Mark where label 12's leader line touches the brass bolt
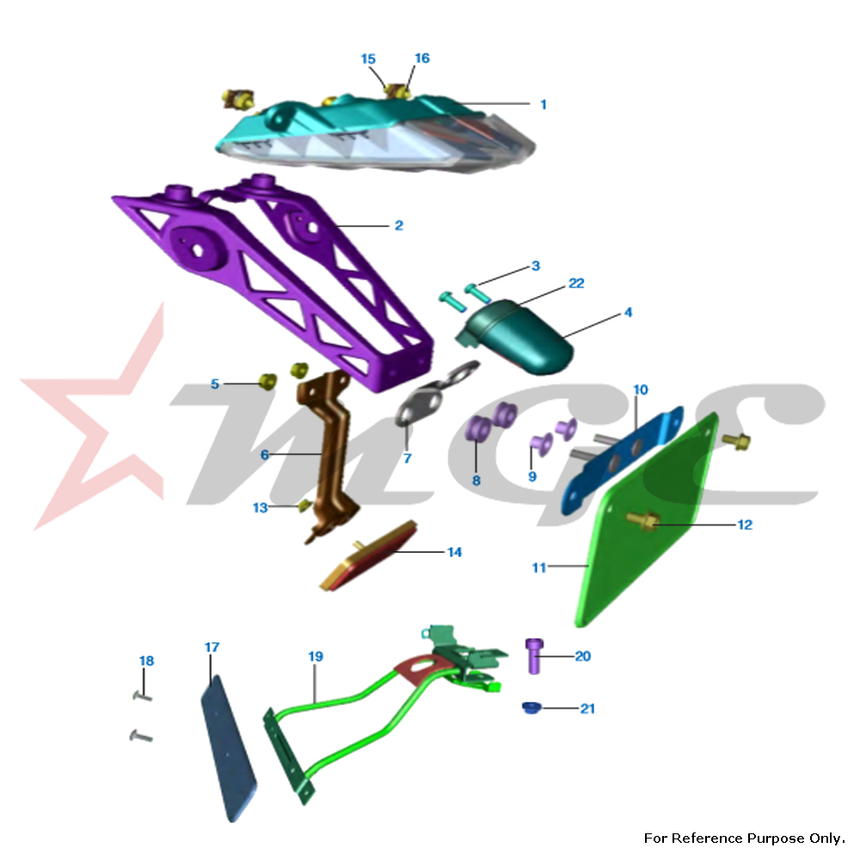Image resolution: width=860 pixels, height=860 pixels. point(653,524)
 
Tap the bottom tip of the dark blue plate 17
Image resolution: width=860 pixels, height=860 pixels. point(232,821)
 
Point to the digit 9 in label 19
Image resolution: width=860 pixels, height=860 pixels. point(319,656)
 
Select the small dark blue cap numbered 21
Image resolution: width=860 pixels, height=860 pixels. point(531,708)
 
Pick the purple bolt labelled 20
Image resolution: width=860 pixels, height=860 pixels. point(534,655)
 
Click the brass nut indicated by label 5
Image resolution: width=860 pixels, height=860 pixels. point(267,381)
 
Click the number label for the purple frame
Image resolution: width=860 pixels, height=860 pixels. point(399,224)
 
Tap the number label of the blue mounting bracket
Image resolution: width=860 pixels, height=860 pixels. point(641,390)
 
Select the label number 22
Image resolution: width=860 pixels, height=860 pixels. point(576,283)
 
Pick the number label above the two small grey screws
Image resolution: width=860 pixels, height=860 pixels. point(146,660)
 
